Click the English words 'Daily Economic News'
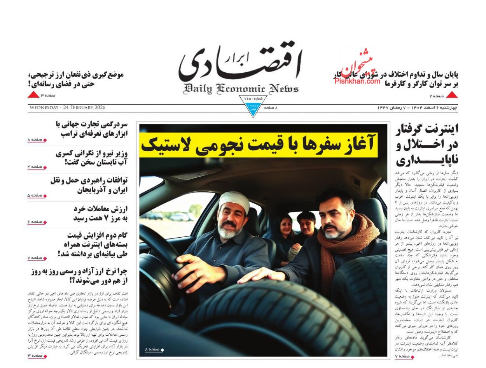[241, 89]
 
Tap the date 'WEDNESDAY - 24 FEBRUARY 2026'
[67, 108]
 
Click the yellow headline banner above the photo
[258, 145]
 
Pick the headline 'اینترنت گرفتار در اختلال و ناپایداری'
[427, 144]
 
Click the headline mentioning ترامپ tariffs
[91, 129]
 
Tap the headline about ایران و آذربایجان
[89, 185]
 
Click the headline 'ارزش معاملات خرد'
[100, 213]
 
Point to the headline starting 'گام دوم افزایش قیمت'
[92, 244]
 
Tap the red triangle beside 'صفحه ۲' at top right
[451, 95]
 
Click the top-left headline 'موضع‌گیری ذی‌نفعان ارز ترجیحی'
[76, 79]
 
